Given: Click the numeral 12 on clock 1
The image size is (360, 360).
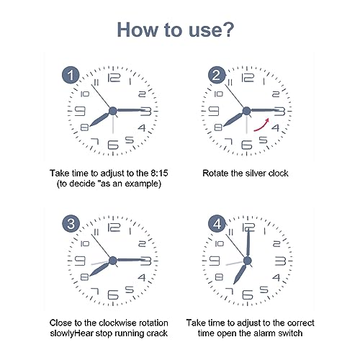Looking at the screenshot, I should coord(112,78).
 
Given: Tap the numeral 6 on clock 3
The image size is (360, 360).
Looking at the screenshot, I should coord(112,295).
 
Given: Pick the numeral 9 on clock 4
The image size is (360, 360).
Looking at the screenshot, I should coord(215,260).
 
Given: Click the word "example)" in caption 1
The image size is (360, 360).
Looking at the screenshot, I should coord(142,184).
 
